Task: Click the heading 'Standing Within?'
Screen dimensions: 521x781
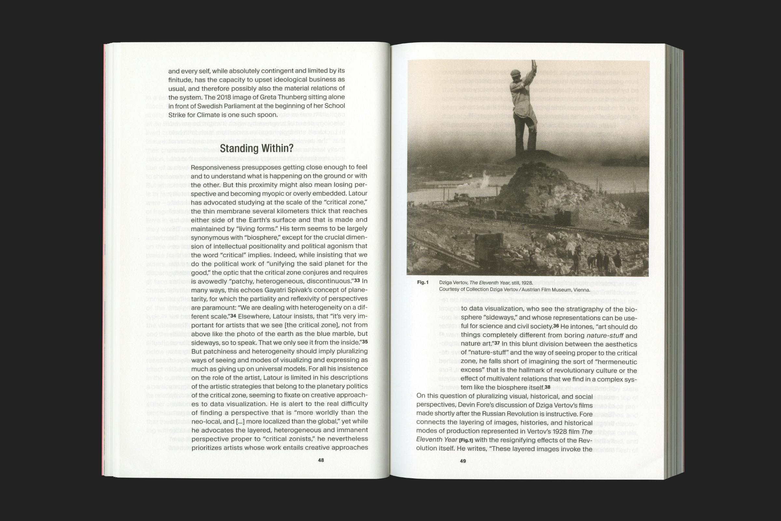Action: coord(256,148)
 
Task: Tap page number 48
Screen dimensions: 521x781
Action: coord(321,460)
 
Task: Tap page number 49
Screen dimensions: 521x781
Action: coord(463,461)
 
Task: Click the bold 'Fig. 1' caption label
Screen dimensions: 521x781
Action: coord(423,282)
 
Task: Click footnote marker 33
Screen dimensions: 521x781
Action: coord(357,280)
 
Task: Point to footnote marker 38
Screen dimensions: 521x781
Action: coord(547,387)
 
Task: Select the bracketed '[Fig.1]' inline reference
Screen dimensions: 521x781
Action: coord(466,440)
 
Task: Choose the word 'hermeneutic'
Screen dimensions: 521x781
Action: coord(618,362)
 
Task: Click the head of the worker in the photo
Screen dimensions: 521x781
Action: coord(515,74)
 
